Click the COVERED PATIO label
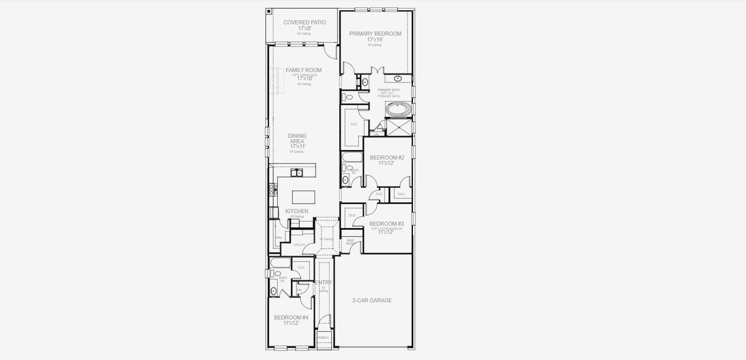click(x=304, y=22)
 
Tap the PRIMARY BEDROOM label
click(x=375, y=34)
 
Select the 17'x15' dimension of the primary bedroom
click(x=375, y=40)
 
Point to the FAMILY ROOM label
click(x=304, y=70)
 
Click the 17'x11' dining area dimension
click(x=298, y=146)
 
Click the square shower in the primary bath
click(x=399, y=127)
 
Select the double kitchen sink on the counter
click(x=296, y=173)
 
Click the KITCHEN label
click(x=296, y=211)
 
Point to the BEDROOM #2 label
click(x=387, y=158)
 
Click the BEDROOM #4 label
click(x=291, y=317)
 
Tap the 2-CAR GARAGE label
click(x=372, y=300)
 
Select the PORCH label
click(x=323, y=338)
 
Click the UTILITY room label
click(x=299, y=245)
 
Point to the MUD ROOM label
click(x=350, y=242)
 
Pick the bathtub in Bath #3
click(x=280, y=263)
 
